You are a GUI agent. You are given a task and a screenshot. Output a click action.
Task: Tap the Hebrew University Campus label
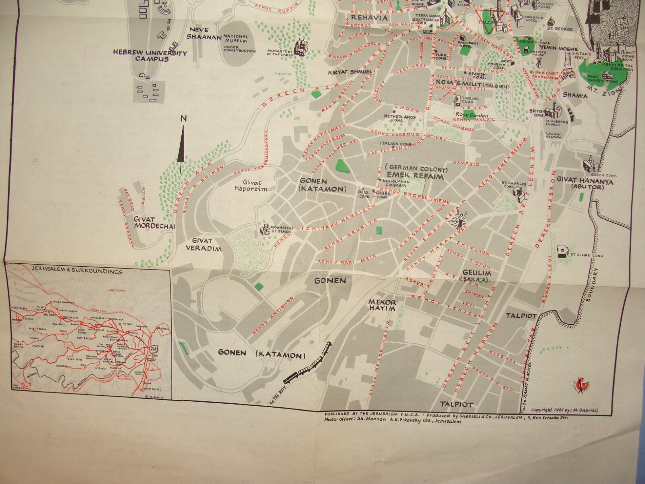150,56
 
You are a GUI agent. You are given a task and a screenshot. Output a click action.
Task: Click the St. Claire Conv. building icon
562,252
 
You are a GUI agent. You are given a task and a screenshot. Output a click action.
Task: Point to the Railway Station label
553,135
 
